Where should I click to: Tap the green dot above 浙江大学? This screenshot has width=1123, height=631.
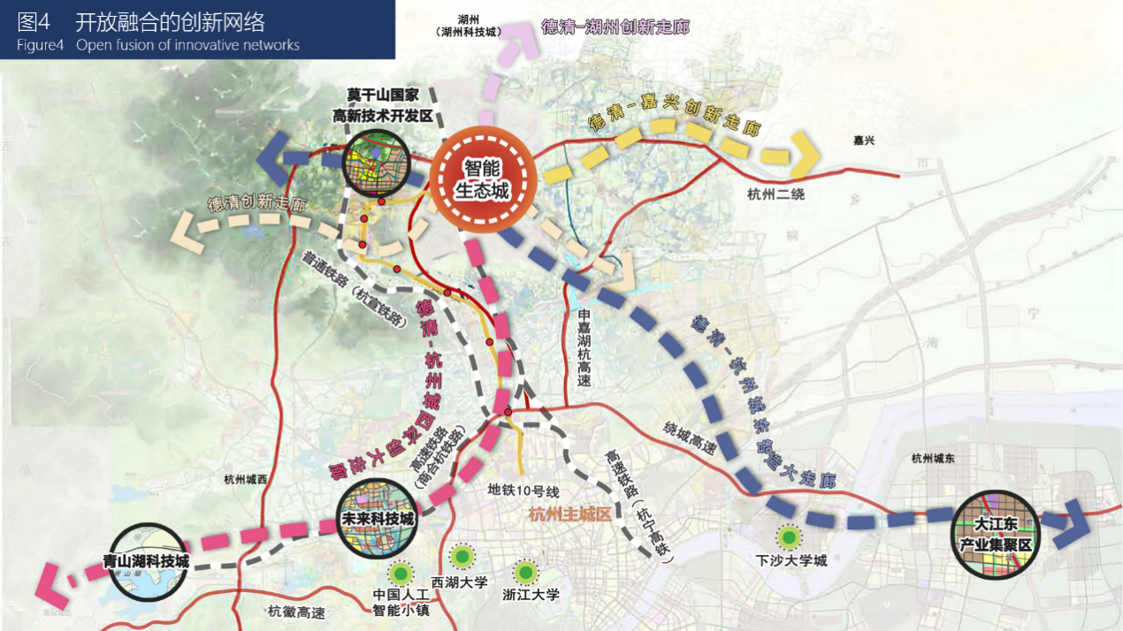click(x=527, y=571)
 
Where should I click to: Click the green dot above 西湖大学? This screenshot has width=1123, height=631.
click(x=462, y=557)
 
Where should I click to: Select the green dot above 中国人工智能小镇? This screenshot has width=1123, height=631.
click(x=401, y=573)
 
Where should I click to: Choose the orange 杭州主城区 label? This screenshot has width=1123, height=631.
click(x=569, y=515)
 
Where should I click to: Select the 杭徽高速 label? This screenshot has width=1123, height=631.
click(x=296, y=612)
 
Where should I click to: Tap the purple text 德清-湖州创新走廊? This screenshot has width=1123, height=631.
click(x=615, y=27)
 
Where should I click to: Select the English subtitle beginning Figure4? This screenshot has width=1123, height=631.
click(x=158, y=45)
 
